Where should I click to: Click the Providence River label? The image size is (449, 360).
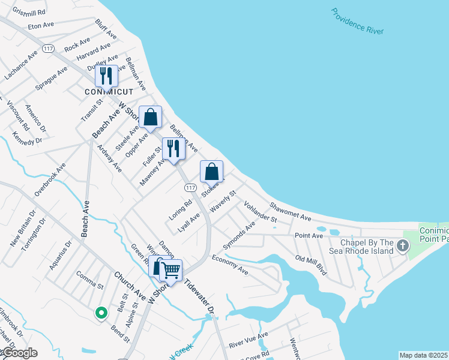click(x=357, y=21)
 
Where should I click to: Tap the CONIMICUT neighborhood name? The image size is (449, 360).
click(x=108, y=92)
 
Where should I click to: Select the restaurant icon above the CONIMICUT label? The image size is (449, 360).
click(x=106, y=76)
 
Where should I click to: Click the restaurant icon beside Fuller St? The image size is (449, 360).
click(x=173, y=149)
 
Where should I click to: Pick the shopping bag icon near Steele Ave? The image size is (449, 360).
click(x=151, y=117)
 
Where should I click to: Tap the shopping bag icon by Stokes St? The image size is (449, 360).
click(x=211, y=172)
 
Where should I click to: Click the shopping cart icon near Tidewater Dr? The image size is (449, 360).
click(x=170, y=271)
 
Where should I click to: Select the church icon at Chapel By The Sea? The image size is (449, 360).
click(x=402, y=246)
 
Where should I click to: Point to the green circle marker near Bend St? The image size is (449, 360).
click(x=101, y=313)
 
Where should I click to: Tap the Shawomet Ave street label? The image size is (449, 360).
click(x=290, y=211)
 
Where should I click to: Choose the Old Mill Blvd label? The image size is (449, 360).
click(x=311, y=264)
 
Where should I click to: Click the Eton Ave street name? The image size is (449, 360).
click(x=41, y=26)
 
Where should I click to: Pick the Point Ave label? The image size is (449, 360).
click(x=309, y=236)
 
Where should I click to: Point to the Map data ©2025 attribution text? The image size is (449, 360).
click(x=423, y=355)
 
